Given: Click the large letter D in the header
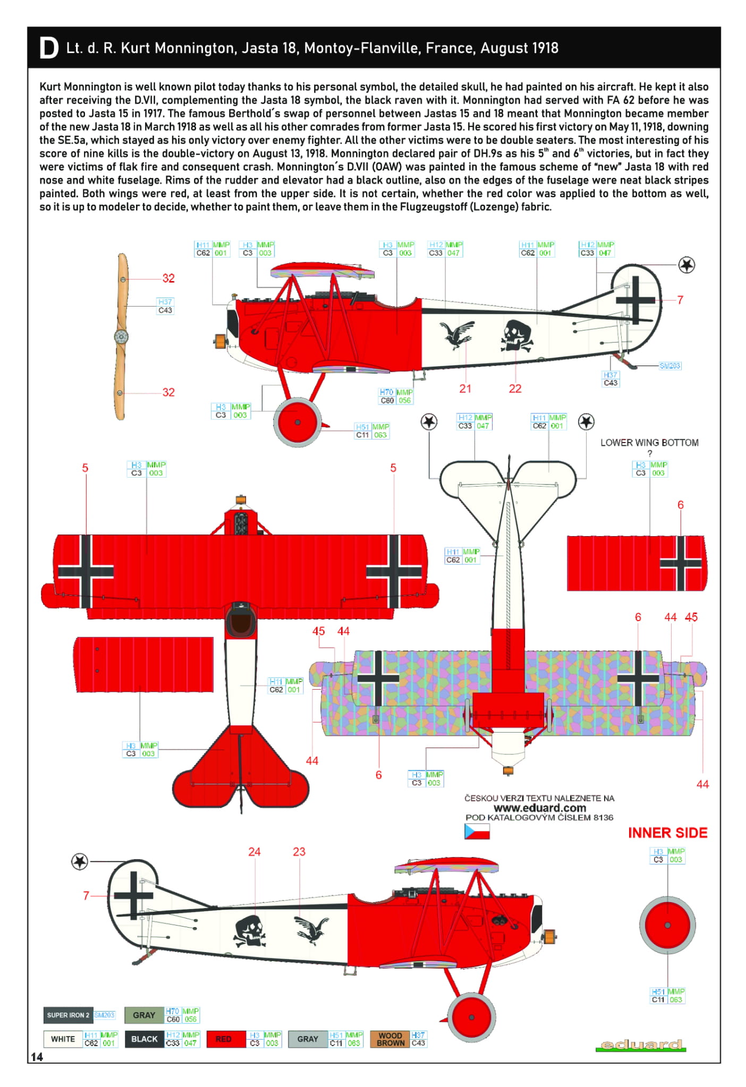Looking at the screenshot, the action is point(48,48).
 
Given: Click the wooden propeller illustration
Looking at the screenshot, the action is point(122,336).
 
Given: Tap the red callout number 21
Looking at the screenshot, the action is point(465,389).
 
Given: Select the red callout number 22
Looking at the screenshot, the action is point(515,389).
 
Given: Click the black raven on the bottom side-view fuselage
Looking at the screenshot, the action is point(312,929).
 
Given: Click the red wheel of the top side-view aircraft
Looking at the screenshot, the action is point(297,422).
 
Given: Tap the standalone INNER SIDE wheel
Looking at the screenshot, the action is point(667,925).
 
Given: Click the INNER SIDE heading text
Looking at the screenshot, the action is point(667,833).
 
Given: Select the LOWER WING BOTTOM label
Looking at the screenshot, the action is point(649,443).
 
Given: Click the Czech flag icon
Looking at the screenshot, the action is point(477,831).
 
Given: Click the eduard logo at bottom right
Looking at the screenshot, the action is point(641,1044).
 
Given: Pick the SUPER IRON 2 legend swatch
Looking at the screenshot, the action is point(68,1015).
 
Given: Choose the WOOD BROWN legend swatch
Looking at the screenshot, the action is point(391,1039).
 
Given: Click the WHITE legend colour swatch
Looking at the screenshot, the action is point(63,1039).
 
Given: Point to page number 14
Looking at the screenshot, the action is point(37,1057).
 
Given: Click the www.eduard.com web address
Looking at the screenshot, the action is point(539,808).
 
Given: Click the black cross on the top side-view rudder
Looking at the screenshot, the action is point(635,300).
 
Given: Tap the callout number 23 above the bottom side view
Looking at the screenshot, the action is point(299,852).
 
